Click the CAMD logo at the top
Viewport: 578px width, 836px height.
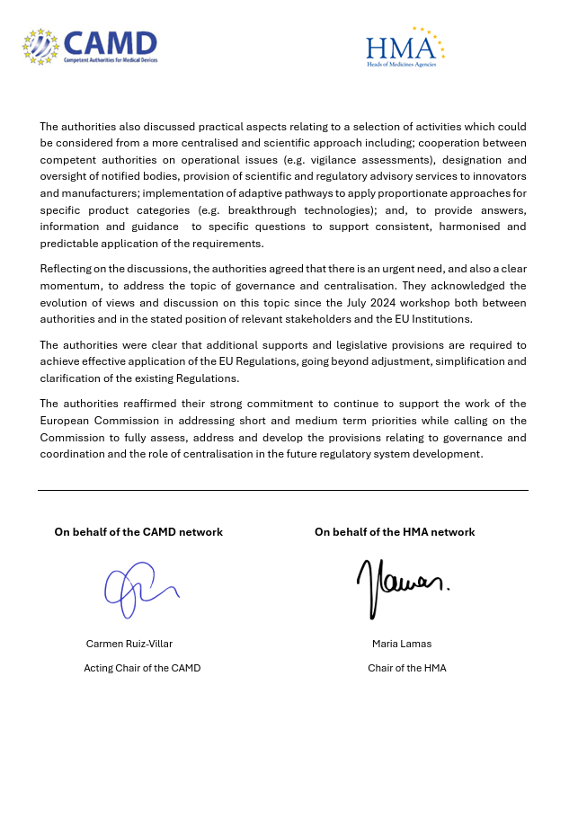(x=90, y=46)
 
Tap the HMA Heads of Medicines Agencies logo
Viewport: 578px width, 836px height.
(x=405, y=48)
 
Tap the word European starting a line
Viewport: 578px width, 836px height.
(x=65, y=421)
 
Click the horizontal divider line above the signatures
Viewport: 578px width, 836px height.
(x=282, y=491)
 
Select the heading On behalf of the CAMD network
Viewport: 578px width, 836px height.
(x=138, y=532)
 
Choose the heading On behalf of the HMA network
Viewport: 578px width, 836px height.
(x=395, y=532)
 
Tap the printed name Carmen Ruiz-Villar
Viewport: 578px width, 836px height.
(x=129, y=644)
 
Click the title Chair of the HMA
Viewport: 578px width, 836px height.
(x=406, y=668)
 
